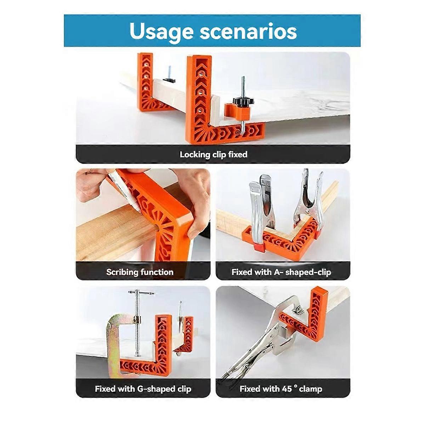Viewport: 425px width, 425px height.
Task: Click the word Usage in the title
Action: coord(161,32)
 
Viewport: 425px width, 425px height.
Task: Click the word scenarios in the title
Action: coord(248,31)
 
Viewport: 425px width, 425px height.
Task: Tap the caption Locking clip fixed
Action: coord(213,154)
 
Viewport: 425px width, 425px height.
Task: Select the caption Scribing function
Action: coord(140,272)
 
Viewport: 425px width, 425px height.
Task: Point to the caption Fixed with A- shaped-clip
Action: coord(281,272)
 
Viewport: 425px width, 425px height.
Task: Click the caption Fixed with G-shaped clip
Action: coord(143,389)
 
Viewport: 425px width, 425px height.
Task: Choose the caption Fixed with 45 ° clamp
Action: coord(281,389)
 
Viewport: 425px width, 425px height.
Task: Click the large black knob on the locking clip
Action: coord(243,101)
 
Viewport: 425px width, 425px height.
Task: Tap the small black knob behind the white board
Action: coord(169,80)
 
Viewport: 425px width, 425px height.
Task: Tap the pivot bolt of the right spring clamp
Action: coord(307,212)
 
